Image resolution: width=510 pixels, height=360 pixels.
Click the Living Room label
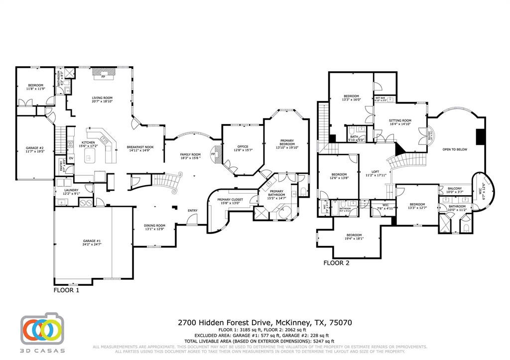pyautogui.click(x=102, y=98)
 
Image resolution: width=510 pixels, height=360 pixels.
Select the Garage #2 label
pyautogui.click(x=35, y=148)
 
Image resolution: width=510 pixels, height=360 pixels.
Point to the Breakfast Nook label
pyautogui.click(x=139, y=147)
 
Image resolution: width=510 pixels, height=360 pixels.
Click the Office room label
pyautogui.click(x=243, y=147)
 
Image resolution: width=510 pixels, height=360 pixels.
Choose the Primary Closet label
pyautogui.click(x=229, y=199)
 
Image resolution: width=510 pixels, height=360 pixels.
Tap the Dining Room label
pyautogui.click(x=154, y=226)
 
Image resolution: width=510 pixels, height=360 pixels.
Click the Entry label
pyautogui.click(x=192, y=211)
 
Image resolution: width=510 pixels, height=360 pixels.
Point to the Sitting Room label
pyautogui.click(x=399, y=120)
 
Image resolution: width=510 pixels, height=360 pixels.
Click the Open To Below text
pyautogui.click(x=455, y=149)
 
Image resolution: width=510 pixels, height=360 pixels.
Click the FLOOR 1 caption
pyautogui.click(x=66, y=289)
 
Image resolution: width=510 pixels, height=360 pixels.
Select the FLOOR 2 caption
pyautogui.click(x=336, y=263)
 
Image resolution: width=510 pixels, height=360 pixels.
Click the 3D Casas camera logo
pyautogui.click(x=42, y=330)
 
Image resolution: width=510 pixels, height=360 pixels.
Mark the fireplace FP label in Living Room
pyautogui.click(x=104, y=77)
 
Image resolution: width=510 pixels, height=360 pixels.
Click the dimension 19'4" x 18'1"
pyautogui.click(x=354, y=239)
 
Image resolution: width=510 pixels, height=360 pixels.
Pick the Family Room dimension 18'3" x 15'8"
pyautogui.click(x=190, y=158)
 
